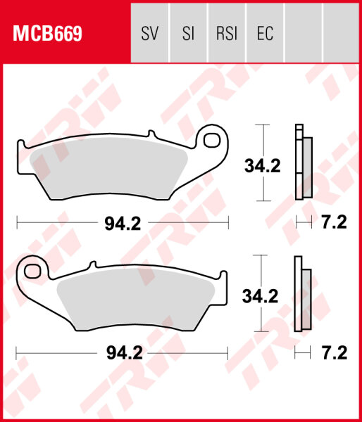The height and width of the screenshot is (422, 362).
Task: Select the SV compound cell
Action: pos(150,33)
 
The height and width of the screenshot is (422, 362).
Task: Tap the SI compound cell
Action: pos(188,33)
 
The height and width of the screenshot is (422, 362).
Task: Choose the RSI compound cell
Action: pos(226,33)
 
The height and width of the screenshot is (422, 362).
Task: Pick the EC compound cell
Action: pos(264,33)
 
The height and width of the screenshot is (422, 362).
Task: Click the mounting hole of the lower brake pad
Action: pos(32,269)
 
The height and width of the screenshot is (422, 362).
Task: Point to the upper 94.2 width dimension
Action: pos(123,223)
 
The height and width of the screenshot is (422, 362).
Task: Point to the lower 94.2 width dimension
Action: pos(123,353)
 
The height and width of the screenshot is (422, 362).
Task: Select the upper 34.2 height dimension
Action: pos(262,166)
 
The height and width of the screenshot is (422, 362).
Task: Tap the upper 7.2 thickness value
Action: pos(333,223)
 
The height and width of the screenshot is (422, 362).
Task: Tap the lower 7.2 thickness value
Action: pos(333,353)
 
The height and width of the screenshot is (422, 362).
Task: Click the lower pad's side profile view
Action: pos(303,295)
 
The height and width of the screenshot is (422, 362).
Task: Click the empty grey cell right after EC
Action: pos(302,33)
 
